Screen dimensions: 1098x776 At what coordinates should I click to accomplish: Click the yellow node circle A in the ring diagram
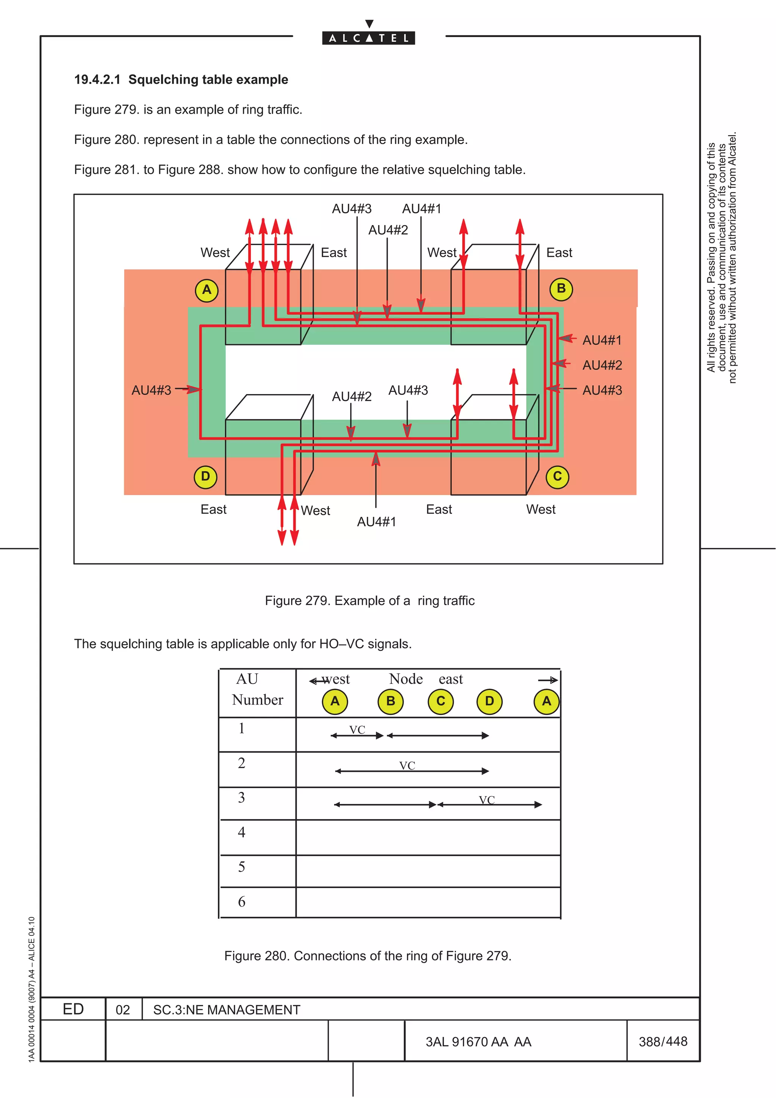point(207,290)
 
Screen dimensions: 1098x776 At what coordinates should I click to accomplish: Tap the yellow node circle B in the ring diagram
point(561,289)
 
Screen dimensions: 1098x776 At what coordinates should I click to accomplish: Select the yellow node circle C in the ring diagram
point(557,477)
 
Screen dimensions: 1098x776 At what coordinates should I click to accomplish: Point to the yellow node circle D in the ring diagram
point(206,477)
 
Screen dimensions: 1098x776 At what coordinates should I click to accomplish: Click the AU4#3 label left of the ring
point(151,390)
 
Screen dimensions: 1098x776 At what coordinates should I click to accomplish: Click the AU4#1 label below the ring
point(376,522)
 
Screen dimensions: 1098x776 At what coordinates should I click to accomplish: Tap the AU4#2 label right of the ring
point(602,365)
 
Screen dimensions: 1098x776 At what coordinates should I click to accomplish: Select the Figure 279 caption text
point(369,601)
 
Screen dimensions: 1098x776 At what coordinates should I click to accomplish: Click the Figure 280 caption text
point(368,956)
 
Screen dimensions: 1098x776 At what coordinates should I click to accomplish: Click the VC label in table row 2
point(407,766)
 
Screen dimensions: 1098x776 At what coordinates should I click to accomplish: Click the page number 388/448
point(663,1041)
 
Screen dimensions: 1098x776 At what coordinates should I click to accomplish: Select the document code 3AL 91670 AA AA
point(478,1042)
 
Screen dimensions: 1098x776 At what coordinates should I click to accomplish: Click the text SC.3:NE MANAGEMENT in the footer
point(227,1009)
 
